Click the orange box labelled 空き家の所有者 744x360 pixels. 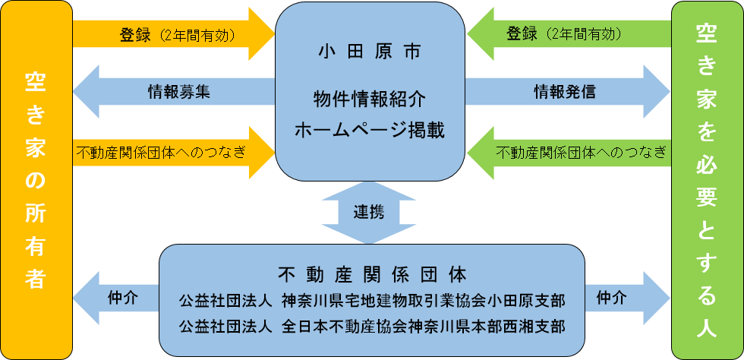(x=36, y=179)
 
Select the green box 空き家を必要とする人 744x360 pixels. (x=707, y=179)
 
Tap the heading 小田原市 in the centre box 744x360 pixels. (x=369, y=54)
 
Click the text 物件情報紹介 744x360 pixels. (x=369, y=99)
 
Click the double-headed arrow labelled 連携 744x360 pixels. (x=369, y=212)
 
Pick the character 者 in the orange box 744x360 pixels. (x=36, y=279)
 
